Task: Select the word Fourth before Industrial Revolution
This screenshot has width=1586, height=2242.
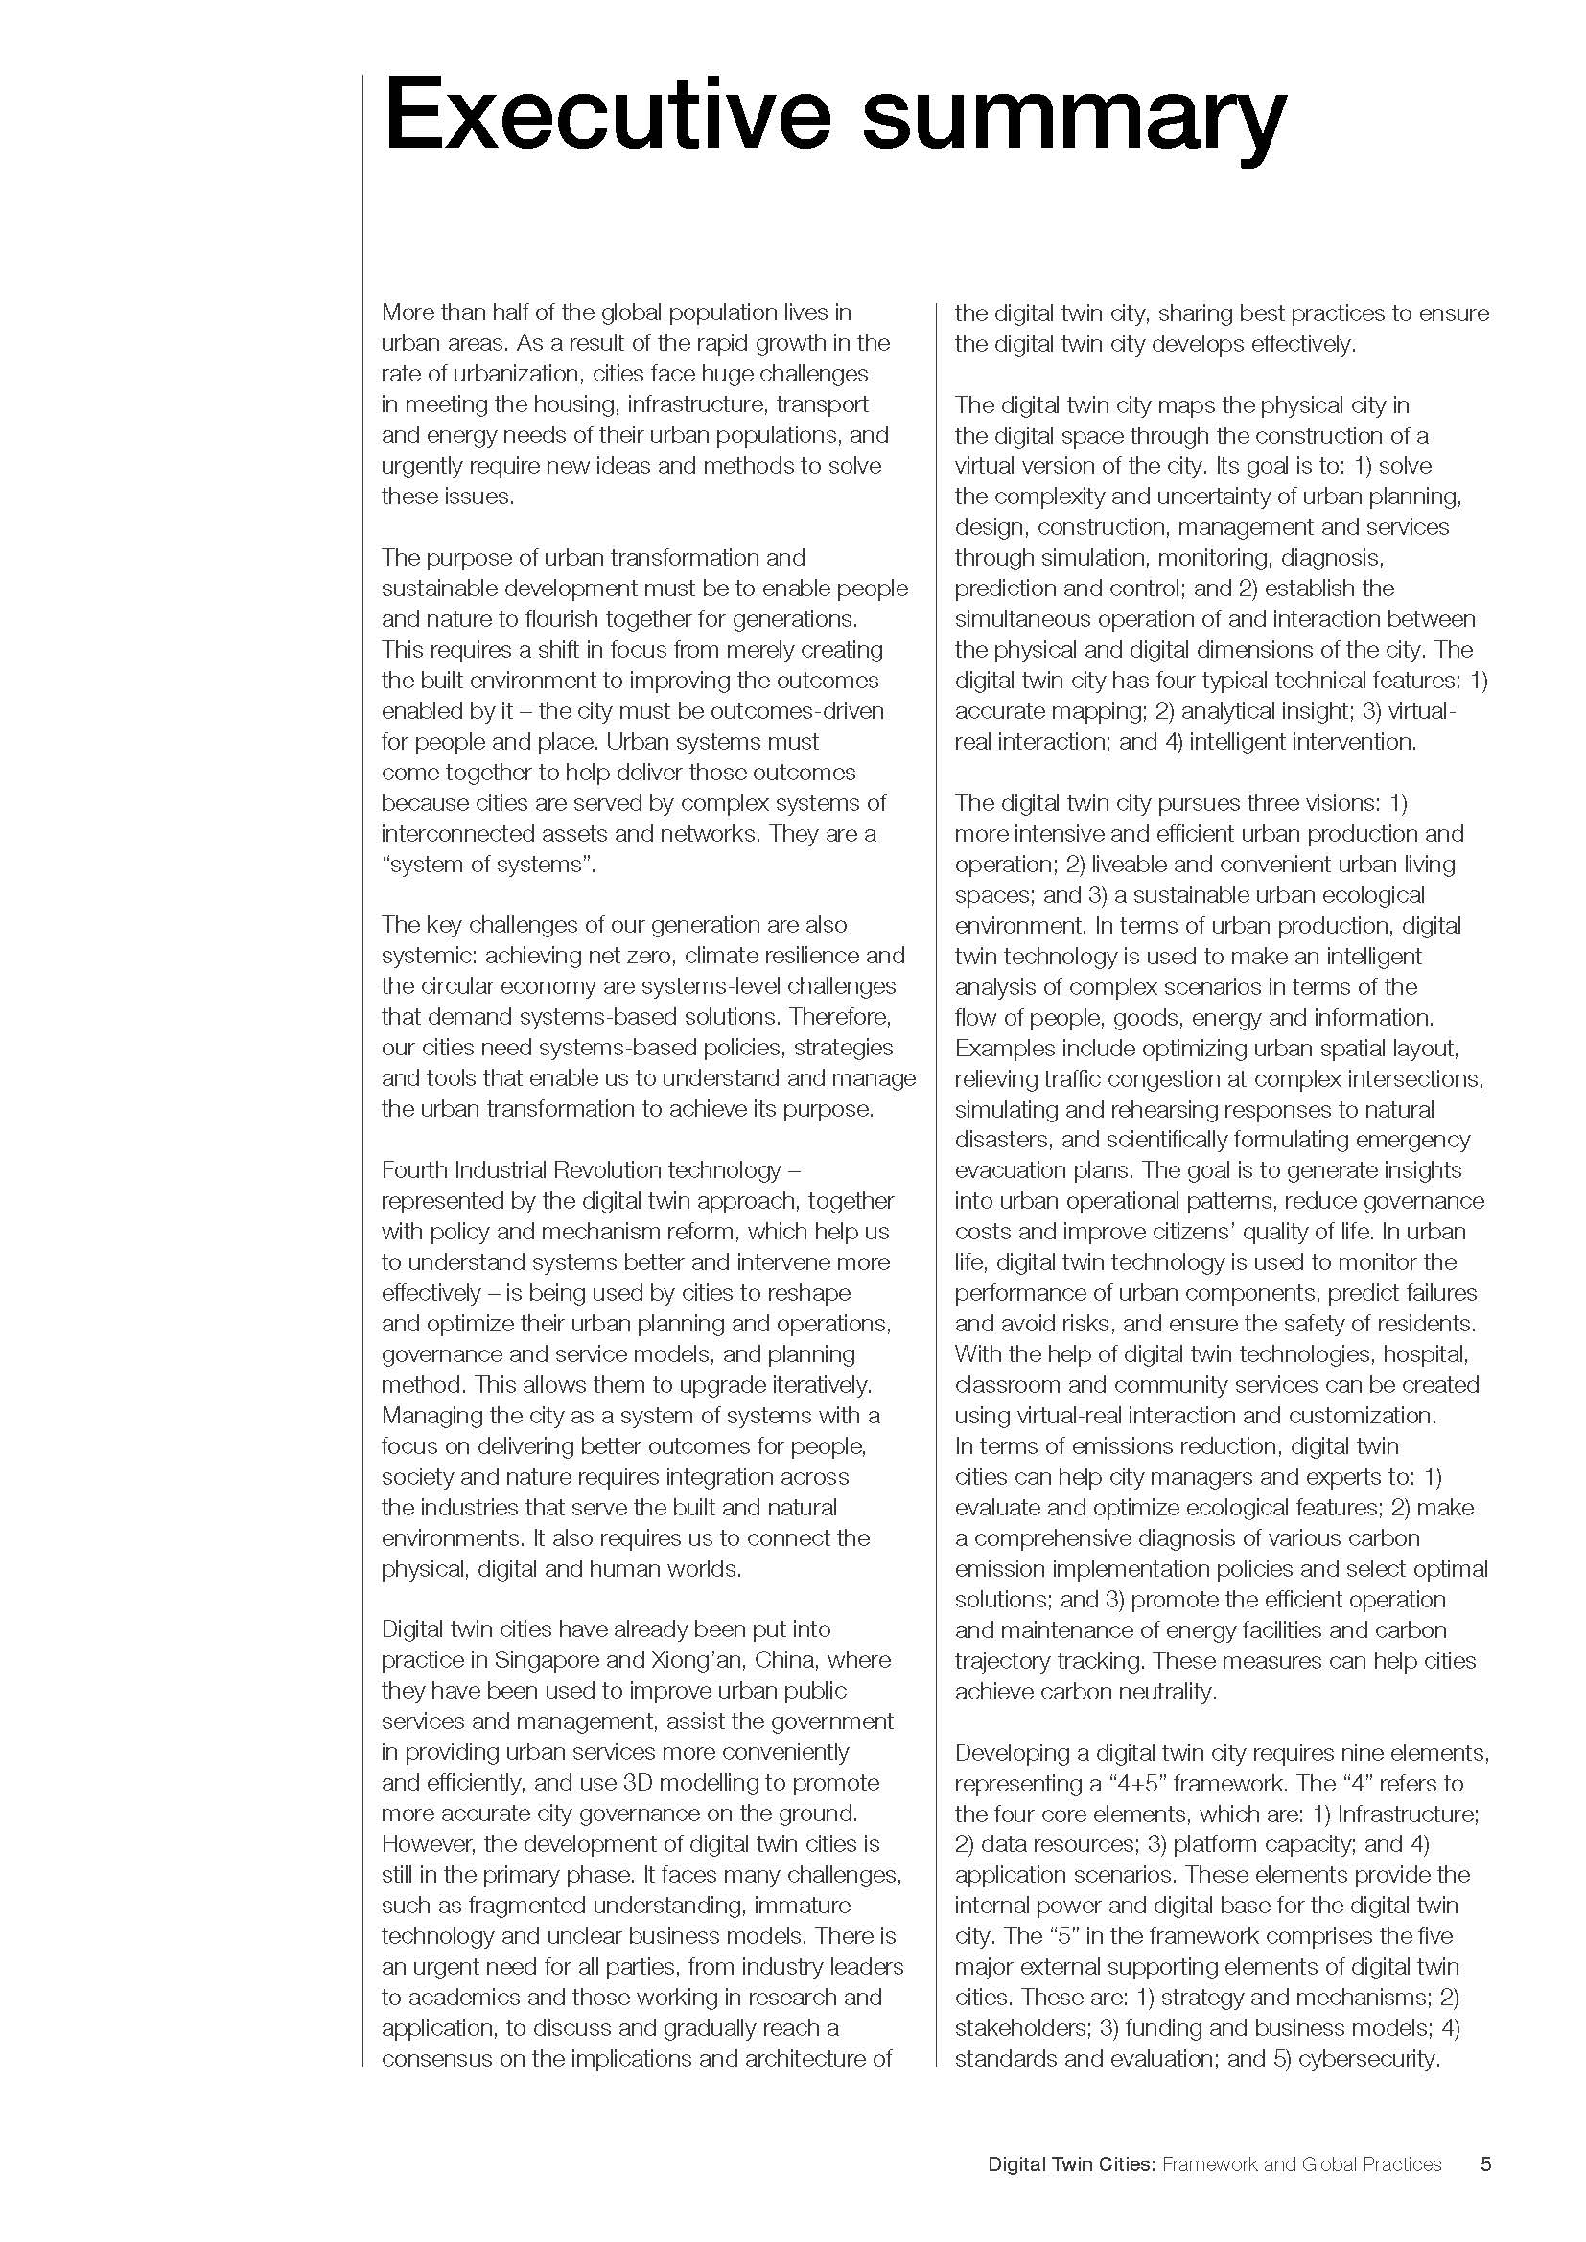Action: tap(414, 1169)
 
